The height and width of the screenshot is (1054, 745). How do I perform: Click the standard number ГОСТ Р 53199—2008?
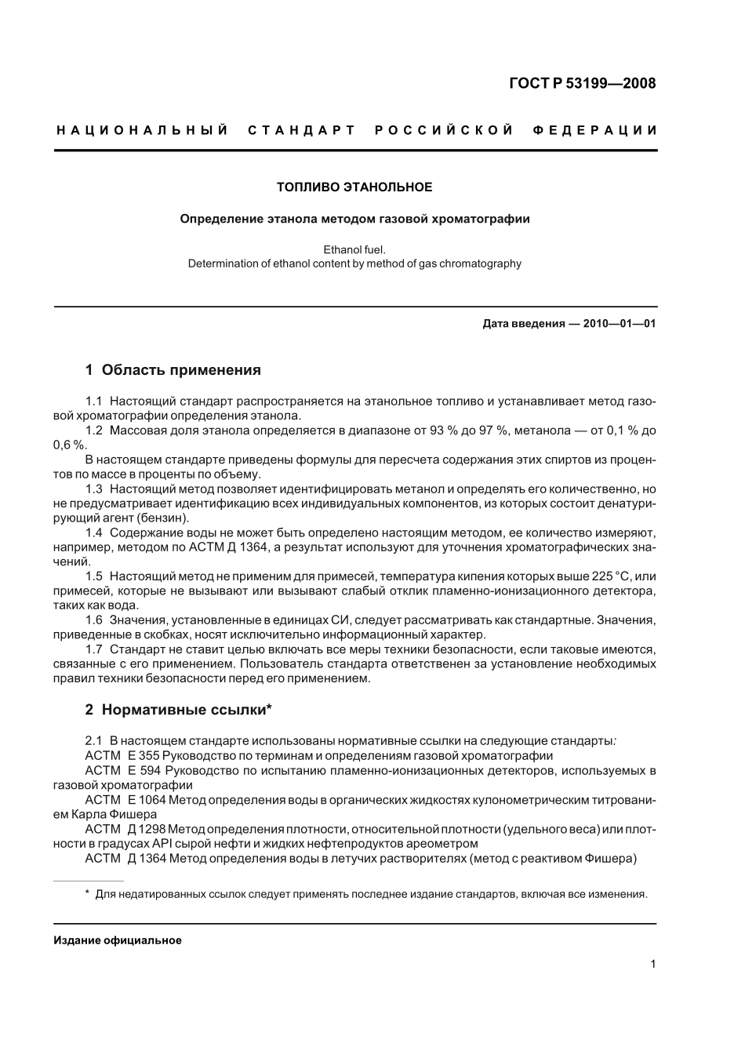click(582, 83)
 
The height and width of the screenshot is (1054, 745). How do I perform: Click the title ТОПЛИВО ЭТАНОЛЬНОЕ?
click(354, 187)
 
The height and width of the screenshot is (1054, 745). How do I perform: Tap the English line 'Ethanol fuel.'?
click(354, 249)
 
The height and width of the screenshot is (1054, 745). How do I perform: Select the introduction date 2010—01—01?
click(620, 323)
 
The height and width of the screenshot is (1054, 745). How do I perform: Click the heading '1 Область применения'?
click(173, 370)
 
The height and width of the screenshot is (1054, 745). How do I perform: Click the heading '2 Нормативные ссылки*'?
click(178, 710)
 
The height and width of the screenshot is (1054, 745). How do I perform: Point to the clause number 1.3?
click(94, 489)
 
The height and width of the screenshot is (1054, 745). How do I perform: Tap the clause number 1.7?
click(94, 649)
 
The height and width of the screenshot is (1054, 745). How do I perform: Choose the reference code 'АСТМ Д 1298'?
click(115, 829)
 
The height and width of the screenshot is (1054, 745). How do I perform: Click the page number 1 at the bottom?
click(652, 965)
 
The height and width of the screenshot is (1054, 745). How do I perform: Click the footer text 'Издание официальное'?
click(118, 940)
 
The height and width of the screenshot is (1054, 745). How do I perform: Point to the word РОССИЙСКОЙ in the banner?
click(444, 130)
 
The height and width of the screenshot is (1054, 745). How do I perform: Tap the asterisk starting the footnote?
click(87, 893)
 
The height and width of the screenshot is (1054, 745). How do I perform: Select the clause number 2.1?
click(94, 741)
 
